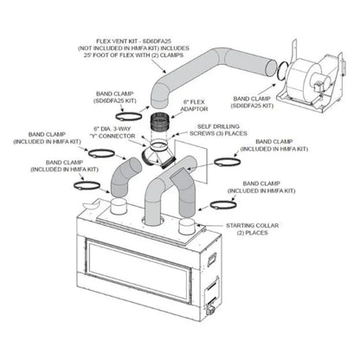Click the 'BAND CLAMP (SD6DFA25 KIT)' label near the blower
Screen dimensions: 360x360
pos(259,100)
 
